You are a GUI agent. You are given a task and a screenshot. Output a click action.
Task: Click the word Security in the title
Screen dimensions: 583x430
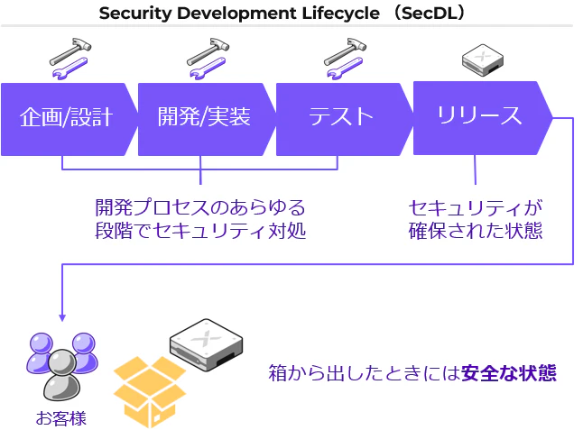coord(134,14)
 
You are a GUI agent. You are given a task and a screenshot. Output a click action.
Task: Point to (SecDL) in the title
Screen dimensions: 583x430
coord(430,13)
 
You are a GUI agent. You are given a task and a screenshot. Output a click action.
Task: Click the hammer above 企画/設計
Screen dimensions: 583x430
coord(70,50)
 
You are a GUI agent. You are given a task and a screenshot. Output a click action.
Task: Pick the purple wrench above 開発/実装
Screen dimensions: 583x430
coord(208,69)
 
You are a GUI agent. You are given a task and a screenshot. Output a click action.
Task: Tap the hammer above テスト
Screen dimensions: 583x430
coord(345,50)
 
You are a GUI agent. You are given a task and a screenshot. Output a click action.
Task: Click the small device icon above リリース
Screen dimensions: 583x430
coord(483,59)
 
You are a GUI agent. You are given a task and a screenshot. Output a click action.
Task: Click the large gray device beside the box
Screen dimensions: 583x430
coord(206,344)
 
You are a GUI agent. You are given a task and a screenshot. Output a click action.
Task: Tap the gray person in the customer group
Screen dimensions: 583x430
coord(61,375)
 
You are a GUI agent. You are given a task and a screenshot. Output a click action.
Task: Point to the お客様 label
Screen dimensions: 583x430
coord(61,418)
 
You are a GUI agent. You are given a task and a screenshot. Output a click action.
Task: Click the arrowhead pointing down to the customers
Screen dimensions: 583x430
coord(62,318)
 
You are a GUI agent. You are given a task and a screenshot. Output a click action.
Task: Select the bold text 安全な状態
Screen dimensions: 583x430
coord(509,373)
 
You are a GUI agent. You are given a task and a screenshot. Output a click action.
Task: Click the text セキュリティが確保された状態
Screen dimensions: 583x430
coord(476,219)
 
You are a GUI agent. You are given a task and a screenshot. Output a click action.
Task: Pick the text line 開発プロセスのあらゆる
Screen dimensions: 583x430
coord(200,207)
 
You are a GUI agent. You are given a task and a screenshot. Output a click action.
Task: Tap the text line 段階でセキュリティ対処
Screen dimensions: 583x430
coord(200,231)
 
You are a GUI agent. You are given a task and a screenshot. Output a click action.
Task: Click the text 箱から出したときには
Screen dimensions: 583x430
coord(365,373)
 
